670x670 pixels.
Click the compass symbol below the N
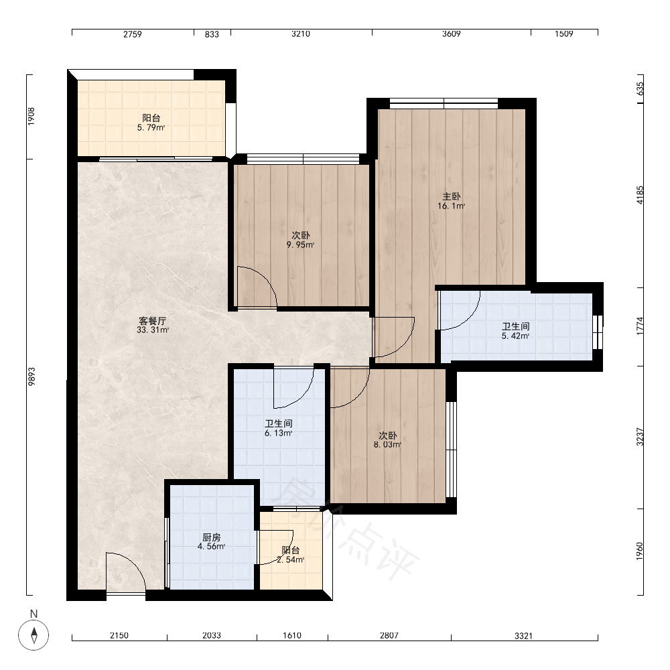33,634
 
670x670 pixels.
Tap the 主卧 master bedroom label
451,196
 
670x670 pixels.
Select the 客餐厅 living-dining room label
153,321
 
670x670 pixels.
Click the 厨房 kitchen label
212,537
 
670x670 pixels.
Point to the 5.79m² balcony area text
151,127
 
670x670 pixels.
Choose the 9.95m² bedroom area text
300,245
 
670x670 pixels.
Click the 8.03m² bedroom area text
387,445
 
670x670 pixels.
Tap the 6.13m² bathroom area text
279,433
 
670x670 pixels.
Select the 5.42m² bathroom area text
516,336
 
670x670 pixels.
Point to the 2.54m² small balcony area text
291,559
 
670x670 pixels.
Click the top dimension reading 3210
301,33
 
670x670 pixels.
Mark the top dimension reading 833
212,34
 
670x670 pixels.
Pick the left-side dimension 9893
31,377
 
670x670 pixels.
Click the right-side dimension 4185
640,195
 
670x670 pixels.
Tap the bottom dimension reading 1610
292,635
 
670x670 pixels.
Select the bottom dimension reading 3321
523,636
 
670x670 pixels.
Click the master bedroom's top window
444,103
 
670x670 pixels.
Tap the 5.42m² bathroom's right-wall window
598,332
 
